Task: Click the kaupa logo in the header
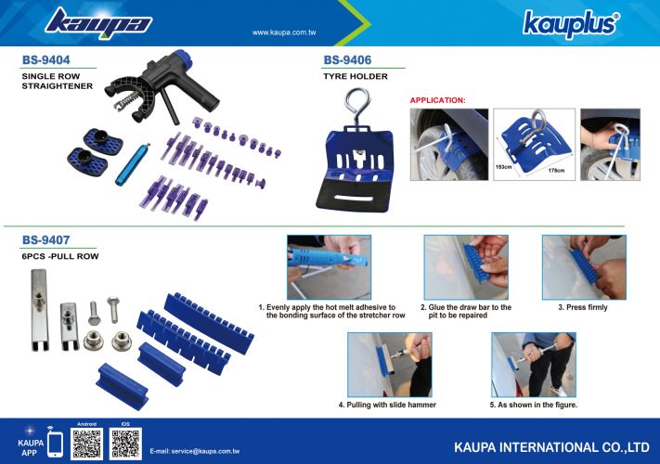[98, 23]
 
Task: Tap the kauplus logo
[571, 24]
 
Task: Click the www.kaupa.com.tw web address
[284, 32]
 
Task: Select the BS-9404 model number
[45, 60]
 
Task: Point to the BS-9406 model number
[347, 60]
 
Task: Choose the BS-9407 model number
[45, 240]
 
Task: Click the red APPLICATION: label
[438, 100]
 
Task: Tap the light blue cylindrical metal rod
[133, 164]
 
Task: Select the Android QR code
[86, 444]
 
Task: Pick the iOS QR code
[125, 444]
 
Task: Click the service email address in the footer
[194, 451]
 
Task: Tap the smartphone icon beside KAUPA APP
[55, 445]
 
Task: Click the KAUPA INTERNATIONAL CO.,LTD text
[551, 447]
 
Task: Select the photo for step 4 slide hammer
[390, 365]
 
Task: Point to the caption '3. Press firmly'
[583, 307]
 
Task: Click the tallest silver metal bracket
[39, 310]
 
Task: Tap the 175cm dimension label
[556, 171]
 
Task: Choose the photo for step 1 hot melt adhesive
[330, 267]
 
